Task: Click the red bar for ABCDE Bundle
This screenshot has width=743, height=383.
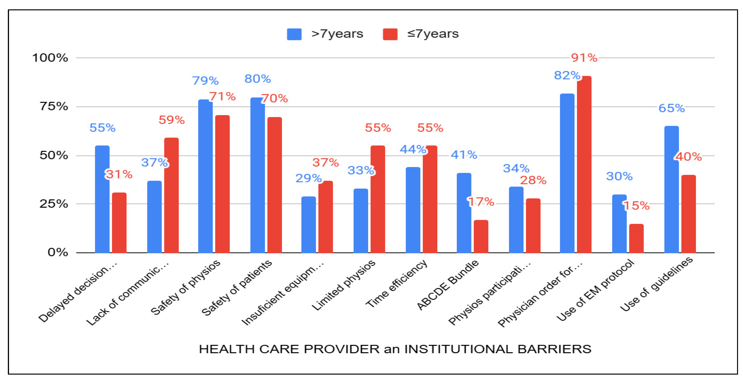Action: tap(481, 236)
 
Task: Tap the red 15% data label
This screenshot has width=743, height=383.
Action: tap(637, 206)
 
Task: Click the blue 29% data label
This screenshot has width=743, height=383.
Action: tap(308, 178)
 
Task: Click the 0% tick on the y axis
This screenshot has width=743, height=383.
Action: tap(58, 253)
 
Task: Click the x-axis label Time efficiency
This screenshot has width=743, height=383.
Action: tap(397, 284)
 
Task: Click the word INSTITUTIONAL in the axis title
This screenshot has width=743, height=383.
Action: tap(459, 349)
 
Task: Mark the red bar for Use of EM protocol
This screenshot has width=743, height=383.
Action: tap(636, 238)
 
